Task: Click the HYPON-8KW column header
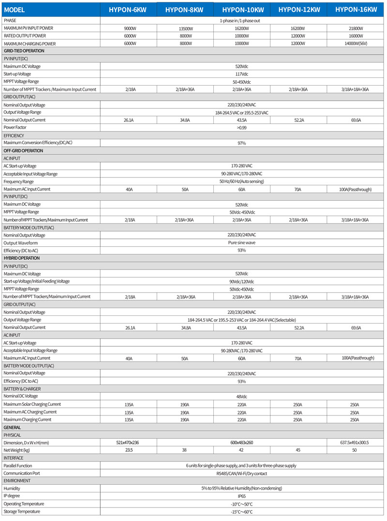click(185, 10)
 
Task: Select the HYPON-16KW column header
click(356, 9)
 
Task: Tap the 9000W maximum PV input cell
click(129, 29)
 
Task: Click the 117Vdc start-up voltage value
click(242, 74)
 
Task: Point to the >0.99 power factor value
click(242, 128)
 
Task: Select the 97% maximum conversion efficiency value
click(242, 143)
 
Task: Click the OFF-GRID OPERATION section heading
click(23, 150)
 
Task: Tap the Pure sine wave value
click(242, 243)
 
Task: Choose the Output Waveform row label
click(20, 243)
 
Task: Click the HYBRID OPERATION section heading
click(21, 258)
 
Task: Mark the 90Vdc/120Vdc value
click(242, 282)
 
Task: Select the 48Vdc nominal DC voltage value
click(242, 396)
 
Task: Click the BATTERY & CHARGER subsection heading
click(22, 388)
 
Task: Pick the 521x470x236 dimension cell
click(129, 443)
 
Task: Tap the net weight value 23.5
click(129, 450)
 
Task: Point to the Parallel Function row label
click(17, 465)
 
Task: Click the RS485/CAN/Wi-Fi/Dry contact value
click(242, 473)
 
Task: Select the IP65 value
click(242, 496)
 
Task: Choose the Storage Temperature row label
click(22, 511)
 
